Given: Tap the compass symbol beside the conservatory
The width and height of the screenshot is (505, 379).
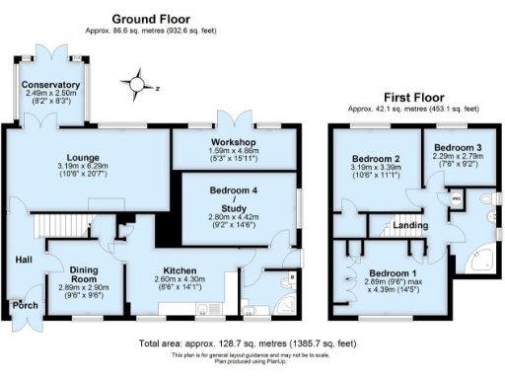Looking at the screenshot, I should [138, 85].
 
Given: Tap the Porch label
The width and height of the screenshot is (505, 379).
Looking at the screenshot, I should [25, 306].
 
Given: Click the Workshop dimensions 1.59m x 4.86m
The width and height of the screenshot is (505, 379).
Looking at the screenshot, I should [235, 153].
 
